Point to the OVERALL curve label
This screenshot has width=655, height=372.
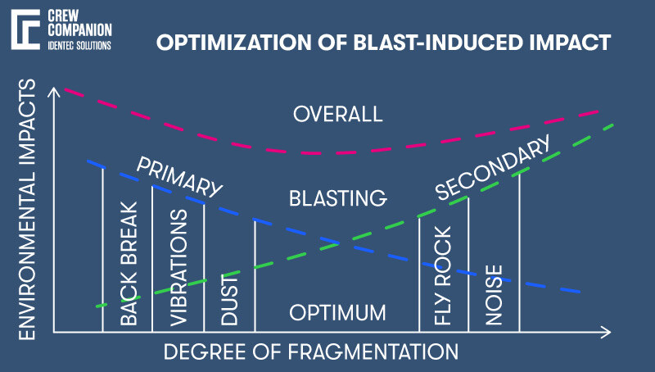[337, 114]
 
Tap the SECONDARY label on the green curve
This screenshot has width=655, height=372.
[492, 170]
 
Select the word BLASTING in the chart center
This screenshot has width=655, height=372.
[337, 198]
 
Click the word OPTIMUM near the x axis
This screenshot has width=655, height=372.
[337, 313]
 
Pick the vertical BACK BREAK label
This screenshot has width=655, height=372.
[129, 263]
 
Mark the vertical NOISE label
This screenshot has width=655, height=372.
[493, 296]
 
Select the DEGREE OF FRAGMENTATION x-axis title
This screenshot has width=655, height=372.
[311, 352]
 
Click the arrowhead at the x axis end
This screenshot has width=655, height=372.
[605, 332]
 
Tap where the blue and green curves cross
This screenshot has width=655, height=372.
[336, 243]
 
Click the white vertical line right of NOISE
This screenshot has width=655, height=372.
[520, 254]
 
